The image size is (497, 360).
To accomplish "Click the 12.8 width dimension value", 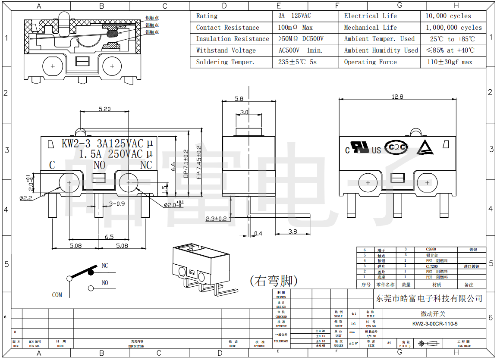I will (397, 97).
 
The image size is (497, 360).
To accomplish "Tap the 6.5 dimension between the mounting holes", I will (109, 237).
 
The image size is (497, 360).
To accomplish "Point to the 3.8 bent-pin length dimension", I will (292, 232).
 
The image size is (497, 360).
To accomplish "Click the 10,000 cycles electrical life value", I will (448, 16).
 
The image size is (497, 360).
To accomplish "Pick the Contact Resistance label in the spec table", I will (227, 28).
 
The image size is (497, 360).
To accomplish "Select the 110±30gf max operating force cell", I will (449, 62).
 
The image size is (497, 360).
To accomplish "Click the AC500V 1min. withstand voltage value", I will (300, 50).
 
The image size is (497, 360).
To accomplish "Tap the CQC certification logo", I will (396, 147).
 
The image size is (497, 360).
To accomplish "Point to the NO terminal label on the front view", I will (100, 165).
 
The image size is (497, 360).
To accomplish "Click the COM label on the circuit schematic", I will (57, 295).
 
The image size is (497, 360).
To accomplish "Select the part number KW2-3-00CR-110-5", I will (435, 324).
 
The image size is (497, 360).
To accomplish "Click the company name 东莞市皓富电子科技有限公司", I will (429, 298).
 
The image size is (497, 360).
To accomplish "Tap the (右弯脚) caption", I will (274, 281).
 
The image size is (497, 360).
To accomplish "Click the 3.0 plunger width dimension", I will (244, 112).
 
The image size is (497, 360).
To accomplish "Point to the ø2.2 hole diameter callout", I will (26, 198).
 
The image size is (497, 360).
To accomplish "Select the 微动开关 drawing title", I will (433, 313).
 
